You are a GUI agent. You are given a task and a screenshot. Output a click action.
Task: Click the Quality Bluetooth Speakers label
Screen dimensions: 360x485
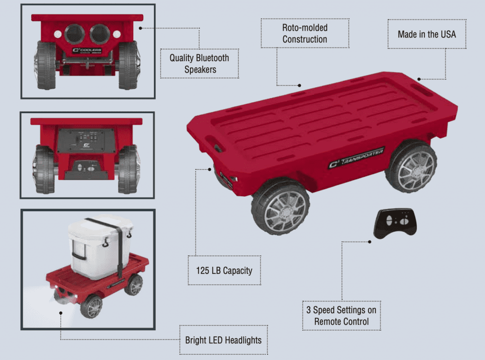coord(199,64)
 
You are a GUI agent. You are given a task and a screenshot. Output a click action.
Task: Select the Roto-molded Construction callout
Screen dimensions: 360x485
coord(305,34)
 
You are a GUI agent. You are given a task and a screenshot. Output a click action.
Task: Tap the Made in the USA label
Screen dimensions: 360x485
coord(427,34)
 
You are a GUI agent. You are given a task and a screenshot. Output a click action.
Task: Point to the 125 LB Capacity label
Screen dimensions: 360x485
coord(224,271)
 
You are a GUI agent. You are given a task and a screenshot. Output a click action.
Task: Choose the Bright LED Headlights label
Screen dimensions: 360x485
coord(223,340)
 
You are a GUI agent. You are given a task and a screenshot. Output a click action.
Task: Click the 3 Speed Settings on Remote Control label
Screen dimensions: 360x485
coord(341,316)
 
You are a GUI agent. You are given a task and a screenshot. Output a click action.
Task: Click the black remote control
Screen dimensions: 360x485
coord(395,223)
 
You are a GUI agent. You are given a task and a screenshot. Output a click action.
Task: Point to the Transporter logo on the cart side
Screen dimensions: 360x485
coord(356,158)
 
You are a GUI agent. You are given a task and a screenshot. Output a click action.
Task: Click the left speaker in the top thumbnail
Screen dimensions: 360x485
coord(75,34)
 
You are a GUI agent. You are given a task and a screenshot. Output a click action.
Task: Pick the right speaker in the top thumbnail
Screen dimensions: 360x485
coord(100,34)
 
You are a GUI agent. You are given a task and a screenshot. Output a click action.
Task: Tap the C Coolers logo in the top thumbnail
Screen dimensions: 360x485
coord(87,50)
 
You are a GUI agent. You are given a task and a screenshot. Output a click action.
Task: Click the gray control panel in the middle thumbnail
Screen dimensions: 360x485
coord(86,140)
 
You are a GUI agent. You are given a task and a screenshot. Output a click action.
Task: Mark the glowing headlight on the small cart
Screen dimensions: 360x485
coord(61,293)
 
